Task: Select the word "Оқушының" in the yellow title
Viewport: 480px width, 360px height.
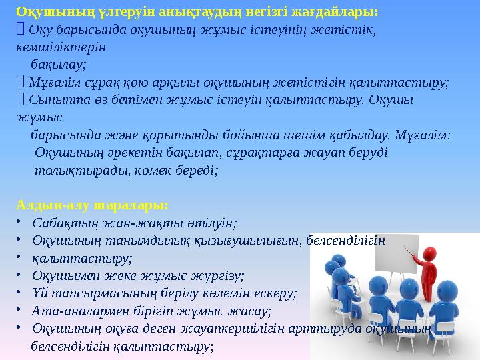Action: point(43,12)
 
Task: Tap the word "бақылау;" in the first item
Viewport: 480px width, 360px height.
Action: point(59,65)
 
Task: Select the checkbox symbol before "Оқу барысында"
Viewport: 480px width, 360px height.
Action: point(21,30)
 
